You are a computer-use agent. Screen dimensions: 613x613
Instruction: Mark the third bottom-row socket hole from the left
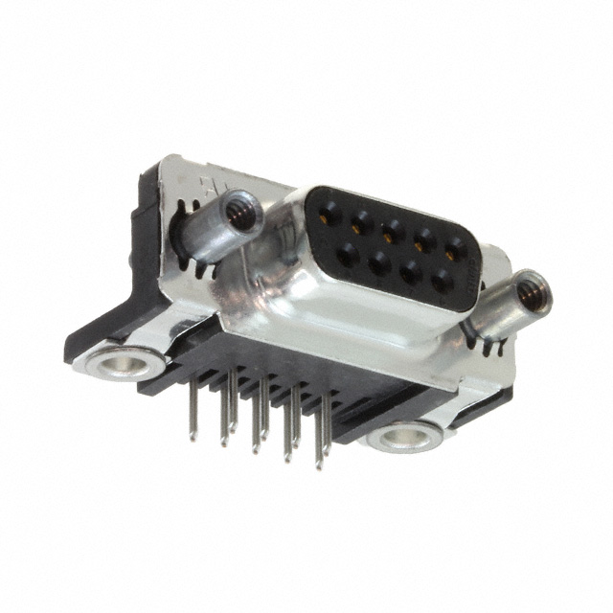(411, 272)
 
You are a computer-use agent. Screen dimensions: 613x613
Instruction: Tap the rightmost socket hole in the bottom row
(441, 282)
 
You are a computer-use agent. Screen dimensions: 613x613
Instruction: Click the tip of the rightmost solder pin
(319, 466)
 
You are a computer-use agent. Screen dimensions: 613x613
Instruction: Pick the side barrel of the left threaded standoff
(206, 235)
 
